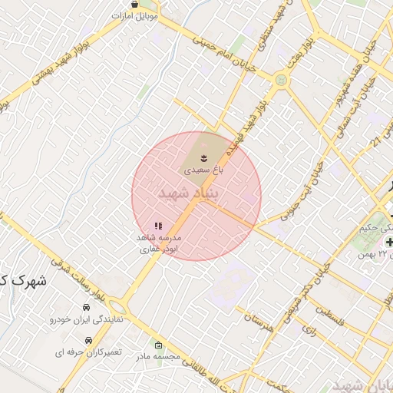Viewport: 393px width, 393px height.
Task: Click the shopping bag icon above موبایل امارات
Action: click(x=135, y=4)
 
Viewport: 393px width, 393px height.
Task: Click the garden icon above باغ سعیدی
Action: click(x=203, y=157)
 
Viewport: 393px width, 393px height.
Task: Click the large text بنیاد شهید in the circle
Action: click(x=188, y=193)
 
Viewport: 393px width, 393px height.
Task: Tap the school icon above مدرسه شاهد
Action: click(x=158, y=226)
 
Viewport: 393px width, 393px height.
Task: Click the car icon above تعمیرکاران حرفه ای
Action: click(x=89, y=339)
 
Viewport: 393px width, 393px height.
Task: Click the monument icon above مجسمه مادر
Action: click(x=158, y=345)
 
